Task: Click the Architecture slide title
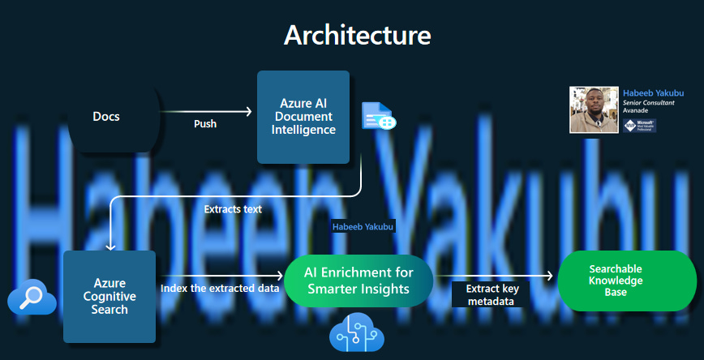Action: (x=357, y=35)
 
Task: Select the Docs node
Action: (x=106, y=117)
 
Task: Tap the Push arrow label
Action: (x=205, y=124)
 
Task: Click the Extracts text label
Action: (x=233, y=209)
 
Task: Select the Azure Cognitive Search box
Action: (x=109, y=296)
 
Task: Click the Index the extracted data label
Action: (x=221, y=288)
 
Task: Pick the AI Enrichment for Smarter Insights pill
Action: (x=358, y=280)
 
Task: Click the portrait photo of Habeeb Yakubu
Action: (x=595, y=109)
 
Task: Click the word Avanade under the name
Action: (x=636, y=113)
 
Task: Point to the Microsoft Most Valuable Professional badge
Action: (x=641, y=126)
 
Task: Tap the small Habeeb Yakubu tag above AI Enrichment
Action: (x=363, y=227)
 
